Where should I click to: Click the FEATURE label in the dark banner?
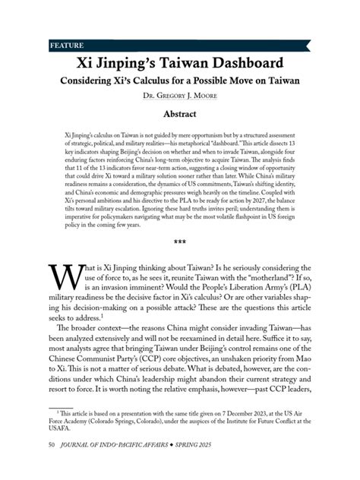(x=66, y=45)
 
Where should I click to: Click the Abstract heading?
(x=180, y=114)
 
